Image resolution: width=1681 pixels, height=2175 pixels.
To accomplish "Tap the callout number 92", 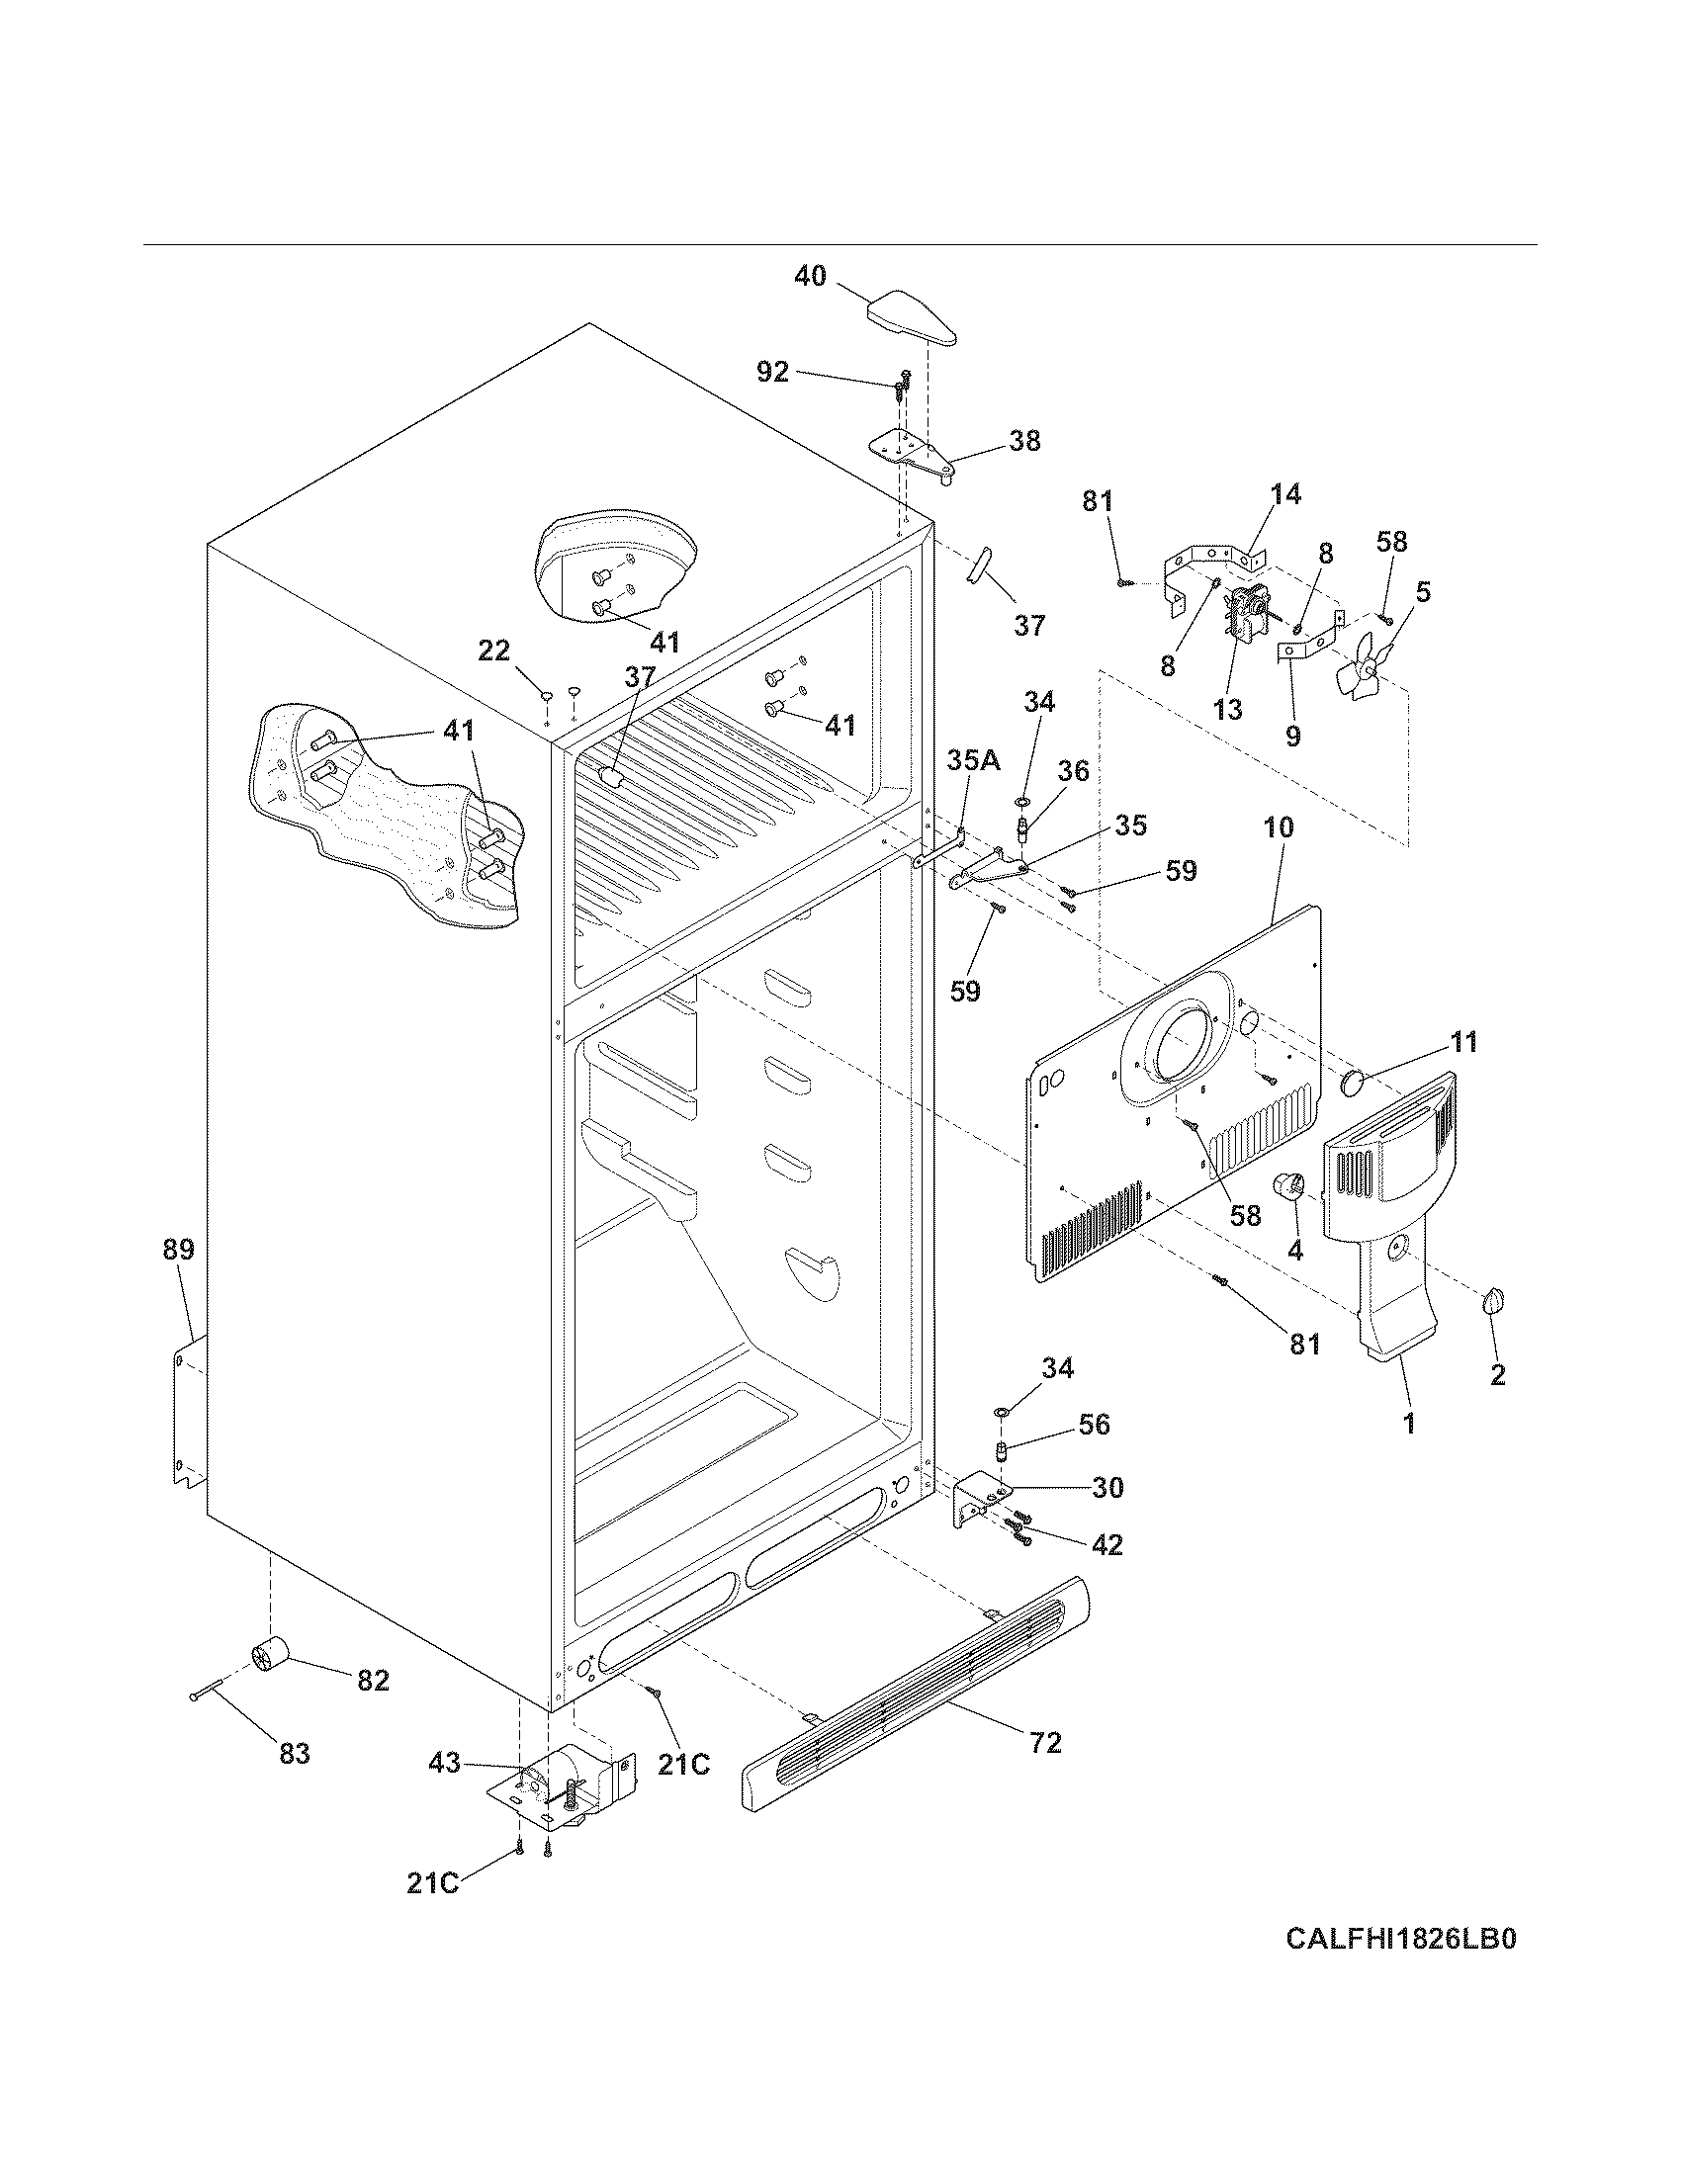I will pos(773,373).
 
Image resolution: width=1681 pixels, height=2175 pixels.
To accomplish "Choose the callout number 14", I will pos(1285,494).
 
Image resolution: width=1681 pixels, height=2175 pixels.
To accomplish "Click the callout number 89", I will pos(179,1250).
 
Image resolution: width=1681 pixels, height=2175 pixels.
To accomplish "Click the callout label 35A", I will pos(973,762).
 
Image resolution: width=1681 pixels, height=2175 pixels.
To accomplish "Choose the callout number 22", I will pos(494,652).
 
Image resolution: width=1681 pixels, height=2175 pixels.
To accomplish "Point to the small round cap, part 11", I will pos(1355,1082).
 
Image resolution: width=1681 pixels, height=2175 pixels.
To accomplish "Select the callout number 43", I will pos(444,1764).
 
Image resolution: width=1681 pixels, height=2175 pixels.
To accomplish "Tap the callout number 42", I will pos(1107,1544).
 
